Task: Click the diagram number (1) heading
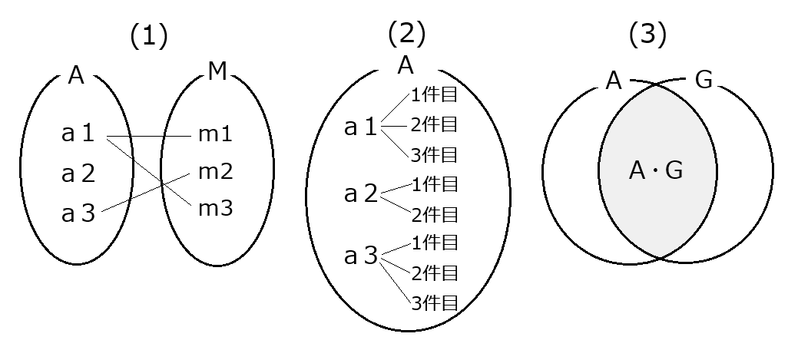pos(148,36)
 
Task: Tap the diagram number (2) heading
pos(406,33)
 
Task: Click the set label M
pos(217,74)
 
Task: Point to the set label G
pos(704,81)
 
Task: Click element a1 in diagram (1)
pos(78,134)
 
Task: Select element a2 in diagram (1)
pos(78,173)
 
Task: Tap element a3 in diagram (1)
pos(78,213)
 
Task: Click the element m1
pos(215,134)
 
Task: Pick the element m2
pos(215,171)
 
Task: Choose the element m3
pos(215,207)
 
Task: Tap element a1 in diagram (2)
pos(361,127)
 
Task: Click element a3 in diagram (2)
pos(361,256)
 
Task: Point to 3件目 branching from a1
pos(434,154)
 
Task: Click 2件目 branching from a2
pos(434,213)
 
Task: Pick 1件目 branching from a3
pos(434,243)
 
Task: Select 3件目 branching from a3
pos(434,302)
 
